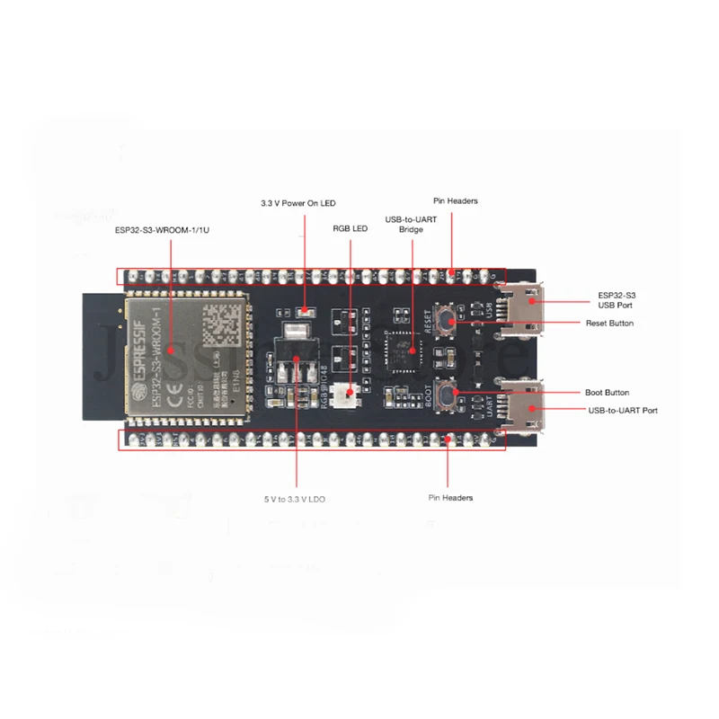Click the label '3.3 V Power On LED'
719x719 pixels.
[297, 203]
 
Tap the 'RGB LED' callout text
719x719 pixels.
[350, 229]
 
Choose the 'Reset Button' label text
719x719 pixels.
[609, 323]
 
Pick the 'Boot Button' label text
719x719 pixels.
[608, 393]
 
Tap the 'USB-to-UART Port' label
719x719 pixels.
[623, 411]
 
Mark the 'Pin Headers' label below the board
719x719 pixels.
[450, 498]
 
